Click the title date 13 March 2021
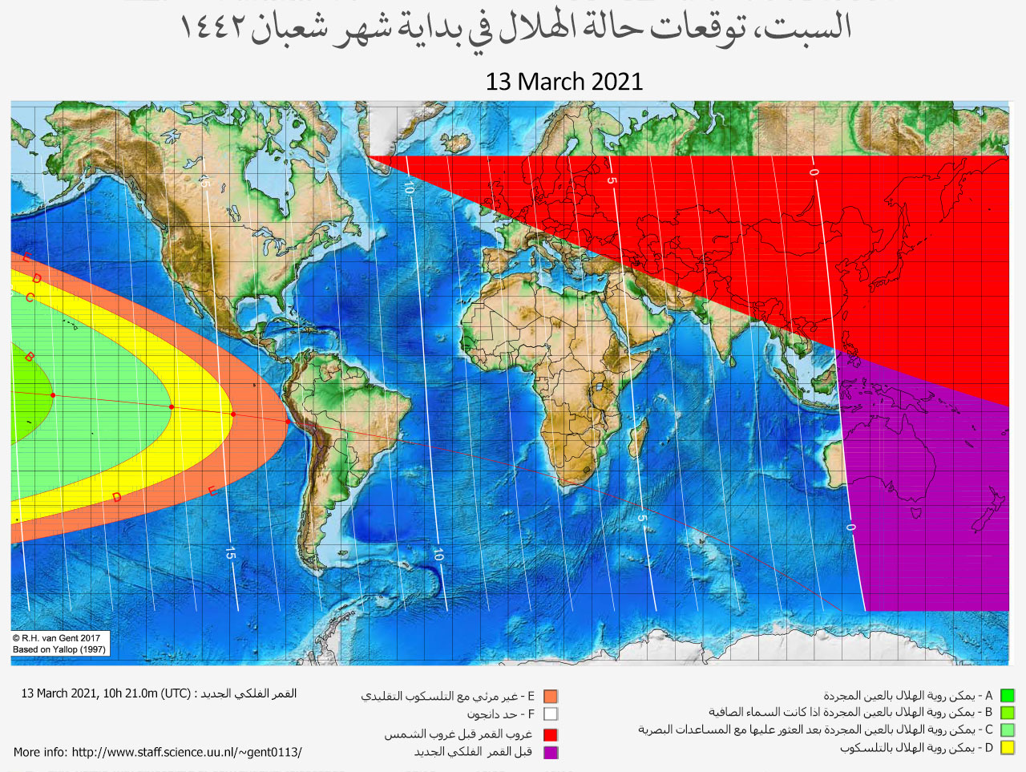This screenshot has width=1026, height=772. point(563,82)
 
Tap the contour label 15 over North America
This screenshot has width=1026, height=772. point(204,183)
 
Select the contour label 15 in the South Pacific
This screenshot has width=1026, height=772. point(230,553)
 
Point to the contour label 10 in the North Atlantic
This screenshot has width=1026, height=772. point(409,188)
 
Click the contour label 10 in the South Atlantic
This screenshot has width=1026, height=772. point(438,554)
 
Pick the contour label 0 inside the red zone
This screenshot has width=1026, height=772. point(814,172)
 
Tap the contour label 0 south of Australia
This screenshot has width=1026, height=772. point(850,527)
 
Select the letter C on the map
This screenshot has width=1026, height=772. point(30,298)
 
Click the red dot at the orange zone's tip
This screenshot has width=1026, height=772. point(289,421)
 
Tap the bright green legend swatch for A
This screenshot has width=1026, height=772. point(1008,696)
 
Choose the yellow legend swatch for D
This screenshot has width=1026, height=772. point(1008,748)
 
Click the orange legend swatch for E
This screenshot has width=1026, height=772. point(550,697)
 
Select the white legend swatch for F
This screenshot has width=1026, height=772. point(550,713)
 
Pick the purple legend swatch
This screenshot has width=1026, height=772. point(550,752)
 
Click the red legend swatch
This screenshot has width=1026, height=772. point(550,734)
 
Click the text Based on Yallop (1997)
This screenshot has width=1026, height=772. point(59,649)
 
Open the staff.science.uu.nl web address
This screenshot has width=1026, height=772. point(187,752)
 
